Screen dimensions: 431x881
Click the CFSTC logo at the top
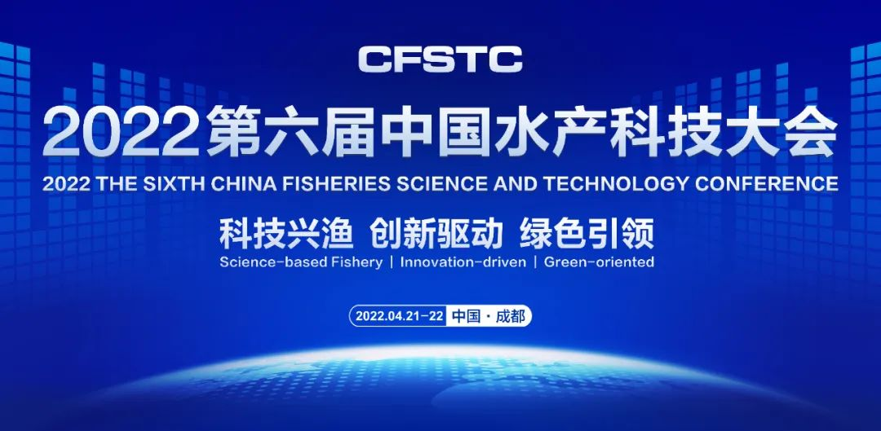[440, 59]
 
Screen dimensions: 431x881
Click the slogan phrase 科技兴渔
[286, 234]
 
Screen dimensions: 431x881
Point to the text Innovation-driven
[463, 262]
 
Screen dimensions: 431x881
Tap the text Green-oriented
[599, 262]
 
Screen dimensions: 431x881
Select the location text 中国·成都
[488, 316]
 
